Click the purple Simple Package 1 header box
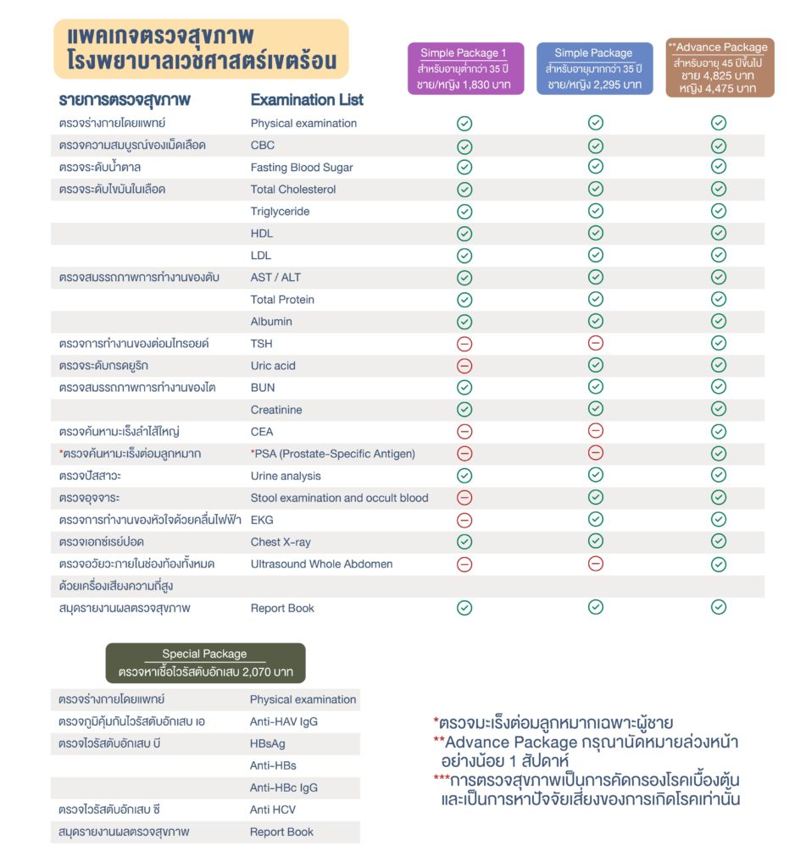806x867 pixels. coord(466,69)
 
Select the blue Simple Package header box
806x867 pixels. coord(593,69)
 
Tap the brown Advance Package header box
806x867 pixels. coord(719,67)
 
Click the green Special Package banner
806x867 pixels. coord(204,663)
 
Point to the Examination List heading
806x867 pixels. coord(307,100)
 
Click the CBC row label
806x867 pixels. coord(263,146)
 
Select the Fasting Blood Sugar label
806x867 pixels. coord(302,168)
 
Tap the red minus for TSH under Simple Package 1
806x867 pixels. coord(464,344)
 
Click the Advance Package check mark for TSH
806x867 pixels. coord(719,343)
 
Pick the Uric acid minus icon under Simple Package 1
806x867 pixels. coord(464,366)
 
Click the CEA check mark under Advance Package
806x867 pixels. coord(719,432)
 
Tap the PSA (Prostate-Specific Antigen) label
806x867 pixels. coord(333,454)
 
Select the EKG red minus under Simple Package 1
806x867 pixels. coord(464,520)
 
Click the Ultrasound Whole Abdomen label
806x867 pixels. coord(321,564)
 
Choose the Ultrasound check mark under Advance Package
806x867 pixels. coord(719,564)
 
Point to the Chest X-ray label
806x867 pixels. coord(280,542)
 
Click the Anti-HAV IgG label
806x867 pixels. coord(284,722)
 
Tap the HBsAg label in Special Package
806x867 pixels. coord(267,743)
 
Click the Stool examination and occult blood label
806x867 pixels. coord(339,498)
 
